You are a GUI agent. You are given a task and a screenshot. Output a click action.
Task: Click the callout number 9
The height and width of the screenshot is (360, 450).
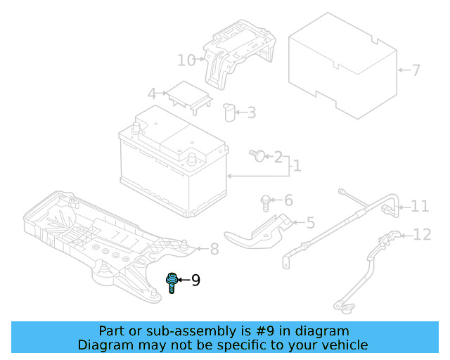point(195,281)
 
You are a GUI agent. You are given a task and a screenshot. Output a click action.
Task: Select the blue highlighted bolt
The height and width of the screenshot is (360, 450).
point(171,282)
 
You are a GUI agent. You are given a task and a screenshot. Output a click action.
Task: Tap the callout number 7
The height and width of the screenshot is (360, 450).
point(416,70)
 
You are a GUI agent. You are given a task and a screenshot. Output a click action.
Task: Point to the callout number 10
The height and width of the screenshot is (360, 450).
point(186,60)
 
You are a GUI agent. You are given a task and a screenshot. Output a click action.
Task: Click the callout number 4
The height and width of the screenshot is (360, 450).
point(151,94)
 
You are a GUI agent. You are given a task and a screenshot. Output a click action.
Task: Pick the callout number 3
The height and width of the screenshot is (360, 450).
point(251,112)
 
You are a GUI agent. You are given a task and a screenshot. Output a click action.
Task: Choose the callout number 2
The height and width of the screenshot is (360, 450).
point(278,157)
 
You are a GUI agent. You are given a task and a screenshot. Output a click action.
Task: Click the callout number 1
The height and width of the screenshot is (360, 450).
point(297,166)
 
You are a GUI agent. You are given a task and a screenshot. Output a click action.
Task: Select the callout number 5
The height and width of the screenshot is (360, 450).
point(310,223)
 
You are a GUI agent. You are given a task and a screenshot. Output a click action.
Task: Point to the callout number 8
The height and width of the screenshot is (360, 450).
point(214,248)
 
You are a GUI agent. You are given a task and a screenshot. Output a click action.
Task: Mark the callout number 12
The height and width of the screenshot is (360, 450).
point(422,235)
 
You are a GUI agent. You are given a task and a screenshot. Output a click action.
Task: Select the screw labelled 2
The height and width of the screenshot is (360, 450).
point(257,155)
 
